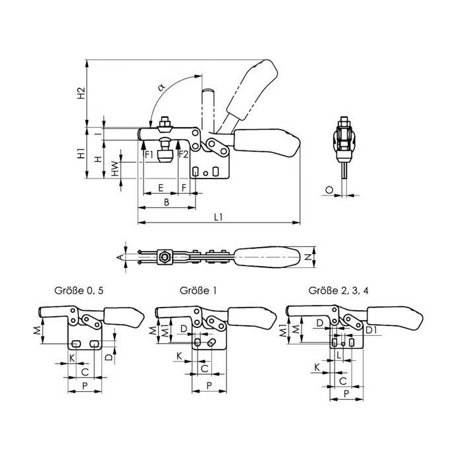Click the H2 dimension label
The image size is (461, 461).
81,94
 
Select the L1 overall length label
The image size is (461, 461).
218,217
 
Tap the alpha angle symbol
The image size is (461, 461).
161,87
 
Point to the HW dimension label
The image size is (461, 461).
115,169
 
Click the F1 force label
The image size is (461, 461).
149,155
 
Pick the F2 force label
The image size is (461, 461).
184,155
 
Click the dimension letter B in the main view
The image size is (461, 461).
167,202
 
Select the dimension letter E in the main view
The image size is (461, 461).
161,188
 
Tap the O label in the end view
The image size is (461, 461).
329,190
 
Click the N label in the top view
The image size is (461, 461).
308,258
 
